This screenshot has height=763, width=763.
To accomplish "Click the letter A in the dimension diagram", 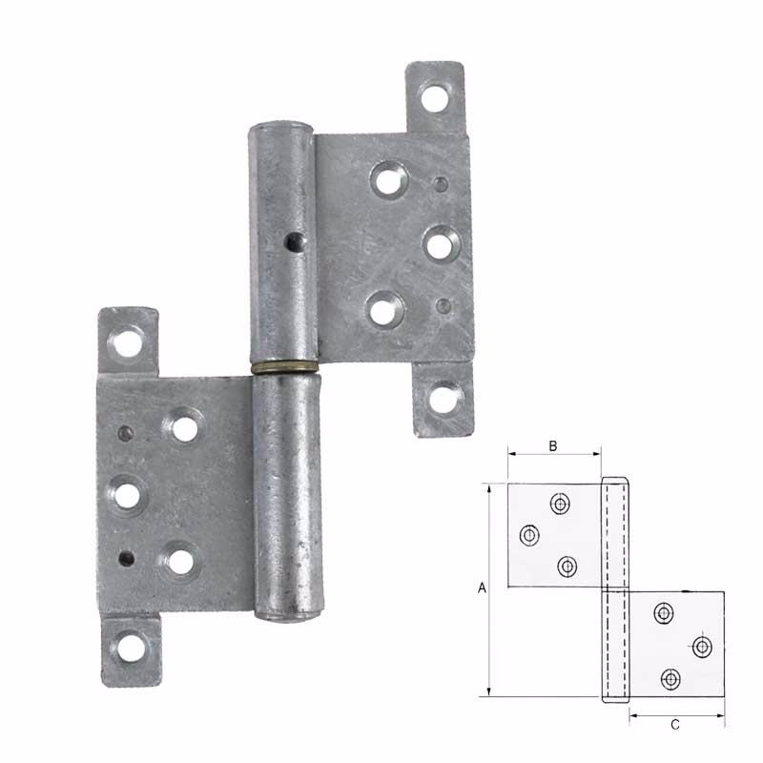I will (x=482, y=589).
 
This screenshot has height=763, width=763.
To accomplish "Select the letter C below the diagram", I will (x=674, y=726).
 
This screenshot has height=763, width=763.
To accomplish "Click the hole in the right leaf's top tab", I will (x=437, y=96).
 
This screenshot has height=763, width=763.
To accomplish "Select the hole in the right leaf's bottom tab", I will (x=442, y=399).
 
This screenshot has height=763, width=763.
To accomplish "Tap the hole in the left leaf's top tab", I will (x=128, y=341).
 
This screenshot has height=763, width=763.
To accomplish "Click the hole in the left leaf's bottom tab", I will (x=131, y=648).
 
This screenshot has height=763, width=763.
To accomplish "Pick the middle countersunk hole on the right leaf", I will (x=439, y=244).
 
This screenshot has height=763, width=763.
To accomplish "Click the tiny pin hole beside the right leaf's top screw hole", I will (x=440, y=183).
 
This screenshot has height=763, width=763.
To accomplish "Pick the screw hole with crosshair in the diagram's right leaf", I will (x=702, y=647).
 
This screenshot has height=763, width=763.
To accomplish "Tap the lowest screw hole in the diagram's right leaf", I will (x=670, y=679).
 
